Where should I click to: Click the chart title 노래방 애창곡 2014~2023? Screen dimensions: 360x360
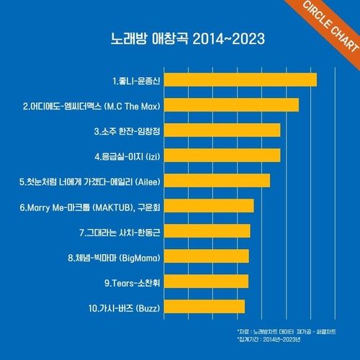[179, 37]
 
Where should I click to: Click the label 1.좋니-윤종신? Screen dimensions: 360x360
[136, 80]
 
